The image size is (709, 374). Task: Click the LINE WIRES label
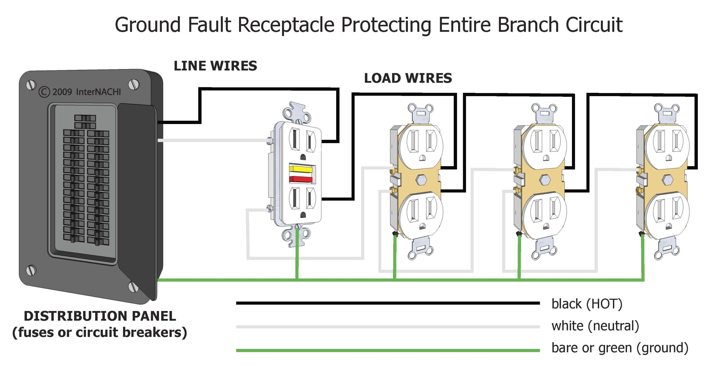click(x=215, y=66)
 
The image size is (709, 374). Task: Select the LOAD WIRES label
click(x=408, y=78)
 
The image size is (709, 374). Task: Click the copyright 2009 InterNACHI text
click(x=80, y=92)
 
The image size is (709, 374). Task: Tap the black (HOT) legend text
click(x=587, y=304)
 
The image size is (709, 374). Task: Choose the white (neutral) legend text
click(x=595, y=326)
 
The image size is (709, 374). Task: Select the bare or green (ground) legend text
click(x=620, y=348)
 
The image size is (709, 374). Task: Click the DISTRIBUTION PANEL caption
click(x=100, y=316)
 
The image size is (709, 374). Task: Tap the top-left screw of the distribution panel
click(x=31, y=85)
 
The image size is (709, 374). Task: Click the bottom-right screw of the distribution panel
click(x=133, y=286)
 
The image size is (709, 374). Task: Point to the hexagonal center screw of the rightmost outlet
click(x=667, y=180)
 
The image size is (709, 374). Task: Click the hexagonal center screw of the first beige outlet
click(x=421, y=180)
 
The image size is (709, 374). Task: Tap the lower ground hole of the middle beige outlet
click(x=546, y=227)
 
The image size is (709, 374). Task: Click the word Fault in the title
click(x=209, y=25)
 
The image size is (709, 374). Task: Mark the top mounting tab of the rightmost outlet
click(x=667, y=110)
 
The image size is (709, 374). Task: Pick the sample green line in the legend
click(x=388, y=350)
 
